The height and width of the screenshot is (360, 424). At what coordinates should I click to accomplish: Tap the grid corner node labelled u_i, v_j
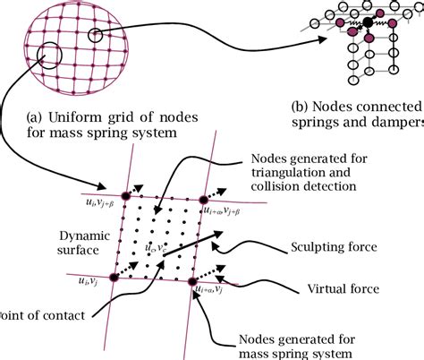[115, 278]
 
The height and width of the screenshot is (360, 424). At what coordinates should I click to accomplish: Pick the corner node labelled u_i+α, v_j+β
[203, 200]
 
